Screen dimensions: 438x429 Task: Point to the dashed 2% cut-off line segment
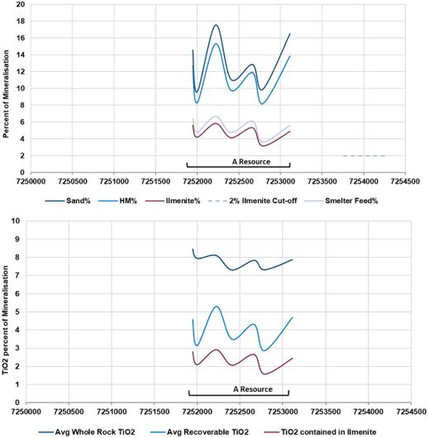(363, 155)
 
